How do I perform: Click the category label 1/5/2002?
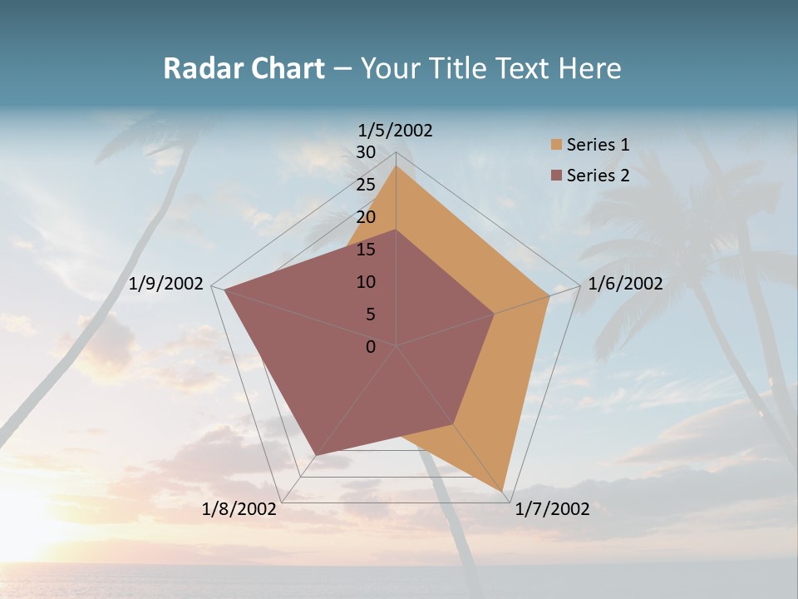pyautogui.click(x=395, y=130)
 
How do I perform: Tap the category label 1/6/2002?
pyautogui.click(x=625, y=284)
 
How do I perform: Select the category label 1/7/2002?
pyautogui.click(x=552, y=509)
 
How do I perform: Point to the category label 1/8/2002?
pyautogui.click(x=239, y=509)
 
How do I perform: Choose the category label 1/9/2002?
pyautogui.click(x=166, y=284)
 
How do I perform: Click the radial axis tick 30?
pyautogui.click(x=366, y=152)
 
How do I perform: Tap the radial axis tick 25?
pyautogui.click(x=366, y=185)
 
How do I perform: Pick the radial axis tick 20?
pyautogui.click(x=366, y=217)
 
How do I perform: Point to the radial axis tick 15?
pyautogui.click(x=366, y=250)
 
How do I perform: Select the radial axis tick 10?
pyautogui.click(x=366, y=282)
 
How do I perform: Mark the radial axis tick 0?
pyautogui.click(x=371, y=347)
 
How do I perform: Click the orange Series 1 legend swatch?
pyautogui.click(x=556, y=145)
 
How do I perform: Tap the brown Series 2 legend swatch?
pyautogui.click(x=556, y=176)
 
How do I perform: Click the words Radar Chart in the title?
pyautogui.click(x=244, y=68)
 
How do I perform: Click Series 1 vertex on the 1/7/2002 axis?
pyautogui.click(x=504, y=490)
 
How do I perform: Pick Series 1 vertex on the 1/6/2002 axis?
pyautogui.click(x=549, y=295)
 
